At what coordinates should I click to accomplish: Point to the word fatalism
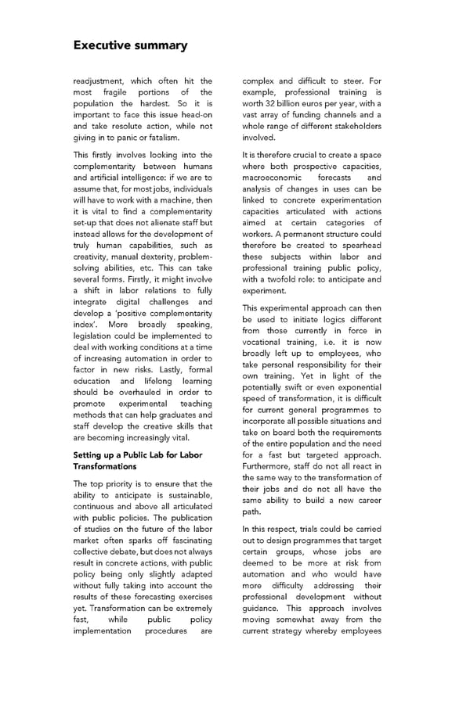[161, 137]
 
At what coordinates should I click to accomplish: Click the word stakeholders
[353, 126]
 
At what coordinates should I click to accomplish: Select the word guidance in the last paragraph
[263, 608]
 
